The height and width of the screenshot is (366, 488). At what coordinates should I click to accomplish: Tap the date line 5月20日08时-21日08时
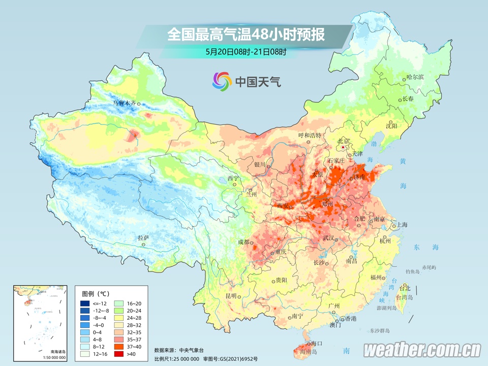pos(246,51)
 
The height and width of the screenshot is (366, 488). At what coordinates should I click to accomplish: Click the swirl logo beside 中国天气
pos(222,80)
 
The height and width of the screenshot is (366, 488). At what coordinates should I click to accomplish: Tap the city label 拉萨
pos(143,237)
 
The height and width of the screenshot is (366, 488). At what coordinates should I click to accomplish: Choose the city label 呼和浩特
pos(310,135)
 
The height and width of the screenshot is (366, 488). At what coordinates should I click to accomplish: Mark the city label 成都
pos(244,242)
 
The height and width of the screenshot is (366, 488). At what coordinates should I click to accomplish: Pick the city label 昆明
pos(231,295)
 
